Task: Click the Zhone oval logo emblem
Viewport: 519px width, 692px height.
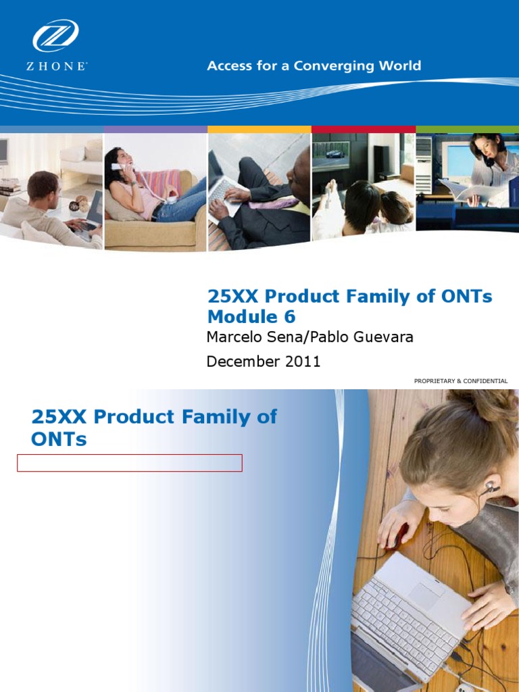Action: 55,35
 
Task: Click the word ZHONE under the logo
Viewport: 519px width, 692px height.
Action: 57,67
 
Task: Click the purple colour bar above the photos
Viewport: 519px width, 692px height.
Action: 155,129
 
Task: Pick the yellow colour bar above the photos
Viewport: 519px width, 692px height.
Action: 259,129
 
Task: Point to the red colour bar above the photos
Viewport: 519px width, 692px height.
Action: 363,129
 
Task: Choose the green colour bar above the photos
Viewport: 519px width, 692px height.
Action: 467,129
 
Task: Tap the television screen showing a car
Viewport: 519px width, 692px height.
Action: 337,156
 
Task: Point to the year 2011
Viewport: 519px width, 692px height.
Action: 303,362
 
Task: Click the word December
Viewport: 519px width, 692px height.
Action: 243,362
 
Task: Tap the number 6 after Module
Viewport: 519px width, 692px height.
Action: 289,317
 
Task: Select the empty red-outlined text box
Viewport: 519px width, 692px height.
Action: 130,463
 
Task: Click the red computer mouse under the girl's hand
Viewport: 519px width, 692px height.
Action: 396,536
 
